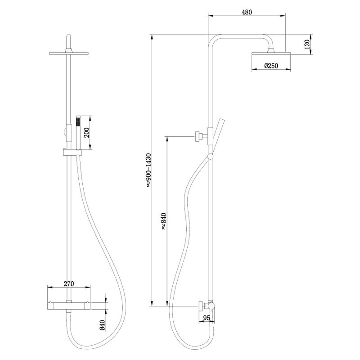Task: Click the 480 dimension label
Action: coord(246,12)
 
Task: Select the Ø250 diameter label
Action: coord(271,66)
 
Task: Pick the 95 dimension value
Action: coord(207,318)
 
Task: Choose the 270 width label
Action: coord(68,284)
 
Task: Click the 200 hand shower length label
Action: coord(86,133)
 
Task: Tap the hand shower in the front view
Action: coord(78,133)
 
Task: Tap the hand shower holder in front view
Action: coord(68,152)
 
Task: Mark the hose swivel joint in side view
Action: coord(210,157)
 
